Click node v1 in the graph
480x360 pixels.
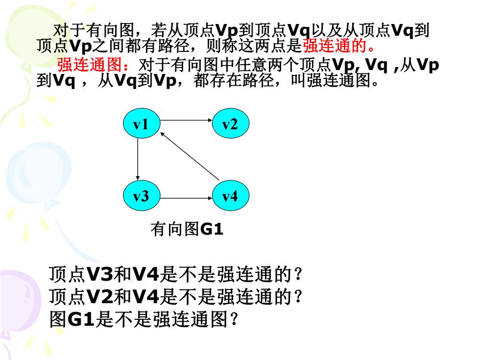[142, 123]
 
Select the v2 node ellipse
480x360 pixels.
[231, 123]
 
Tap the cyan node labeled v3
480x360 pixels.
[142, 195]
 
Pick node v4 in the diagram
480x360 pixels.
[231, 195]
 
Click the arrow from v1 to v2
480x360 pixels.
[186, 120]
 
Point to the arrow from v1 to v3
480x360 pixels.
[138, 159]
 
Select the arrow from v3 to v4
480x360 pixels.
[186, 198]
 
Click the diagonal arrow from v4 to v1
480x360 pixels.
[190, 156]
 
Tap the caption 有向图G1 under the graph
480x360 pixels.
[187, 229]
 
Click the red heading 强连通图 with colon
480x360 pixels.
[94, 64]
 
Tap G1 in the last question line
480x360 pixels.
[81, 319]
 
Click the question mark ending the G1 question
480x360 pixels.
[234, 319]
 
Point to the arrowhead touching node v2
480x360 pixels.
[210, 120]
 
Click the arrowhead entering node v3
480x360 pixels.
[138, 178]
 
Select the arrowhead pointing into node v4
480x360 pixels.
[210, 198]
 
